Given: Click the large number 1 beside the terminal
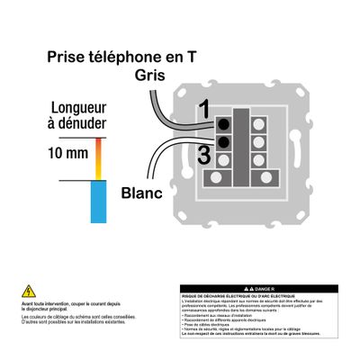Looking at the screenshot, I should tap(203, 110).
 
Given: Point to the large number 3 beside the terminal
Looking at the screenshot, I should tap(203, 155).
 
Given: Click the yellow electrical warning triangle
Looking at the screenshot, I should tap(28, 291).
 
